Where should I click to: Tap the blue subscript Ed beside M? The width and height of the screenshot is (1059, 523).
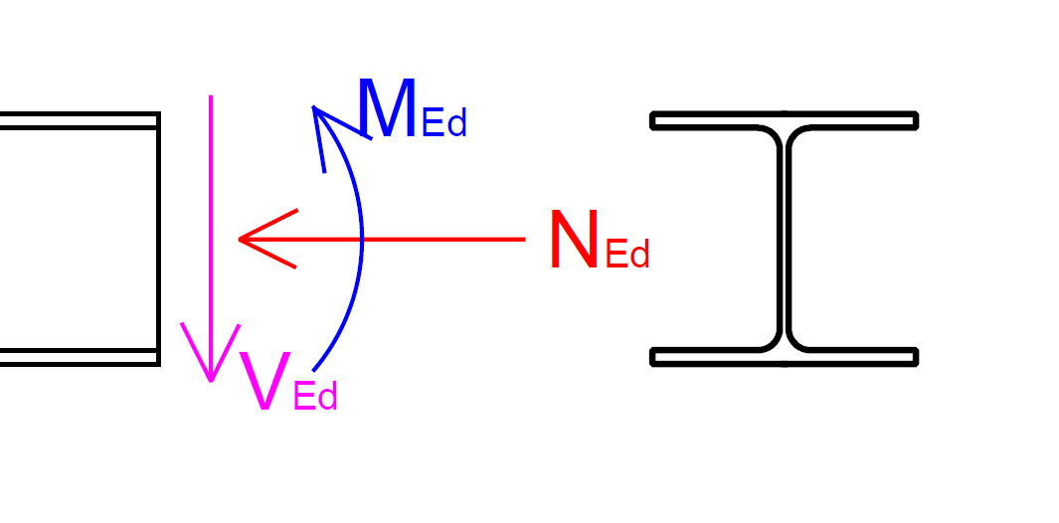(x=443, y=125)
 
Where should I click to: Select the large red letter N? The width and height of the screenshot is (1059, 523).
(x=574, y=242)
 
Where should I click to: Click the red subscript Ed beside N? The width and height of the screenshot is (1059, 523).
(x=626, y=256)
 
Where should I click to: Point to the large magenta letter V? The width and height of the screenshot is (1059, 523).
(x=265, y=382)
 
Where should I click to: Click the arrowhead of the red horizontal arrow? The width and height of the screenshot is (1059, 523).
(x=244, y=239)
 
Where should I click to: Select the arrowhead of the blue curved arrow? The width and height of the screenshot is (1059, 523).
(x=316, y=110)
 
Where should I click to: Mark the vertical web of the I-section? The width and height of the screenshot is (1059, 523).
(x=784, y=239)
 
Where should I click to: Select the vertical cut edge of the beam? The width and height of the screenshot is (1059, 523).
(x=158, y=239)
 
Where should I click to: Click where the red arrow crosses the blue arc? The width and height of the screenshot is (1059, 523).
(x=361, y=239)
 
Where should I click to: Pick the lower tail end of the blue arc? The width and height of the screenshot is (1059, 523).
(x=314, y=370)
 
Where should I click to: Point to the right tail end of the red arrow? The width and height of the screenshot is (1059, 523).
(x=523, y=239)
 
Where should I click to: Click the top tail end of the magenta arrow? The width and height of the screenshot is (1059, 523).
(x=211, y=96)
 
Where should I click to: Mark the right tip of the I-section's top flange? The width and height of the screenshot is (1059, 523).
(x=915, y=120)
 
